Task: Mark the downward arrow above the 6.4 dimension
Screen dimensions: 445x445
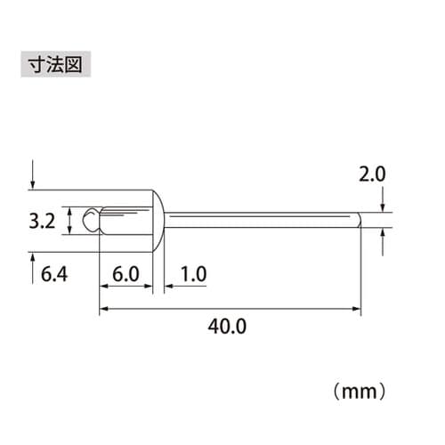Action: tap(33, 178)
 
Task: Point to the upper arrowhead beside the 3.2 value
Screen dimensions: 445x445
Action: tap(70, 210)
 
